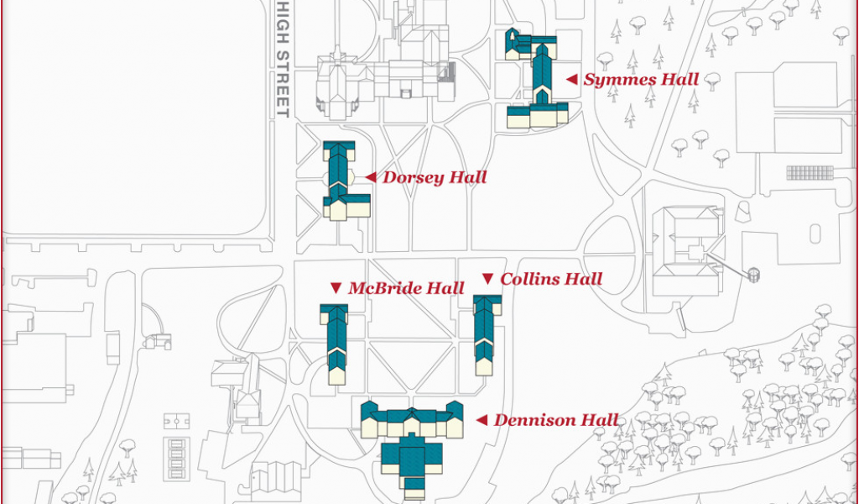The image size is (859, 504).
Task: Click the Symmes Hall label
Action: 641,80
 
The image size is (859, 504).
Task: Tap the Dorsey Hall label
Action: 435,178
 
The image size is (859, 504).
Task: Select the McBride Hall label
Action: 406,288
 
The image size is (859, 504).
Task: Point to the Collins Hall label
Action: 551,279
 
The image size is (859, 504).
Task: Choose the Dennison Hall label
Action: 556,421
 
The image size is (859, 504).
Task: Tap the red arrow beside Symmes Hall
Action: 572,80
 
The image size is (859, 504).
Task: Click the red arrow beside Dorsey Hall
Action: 371,177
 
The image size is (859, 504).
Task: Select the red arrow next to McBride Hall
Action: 336,288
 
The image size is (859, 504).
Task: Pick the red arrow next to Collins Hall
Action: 487,279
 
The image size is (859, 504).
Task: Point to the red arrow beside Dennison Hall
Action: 482,420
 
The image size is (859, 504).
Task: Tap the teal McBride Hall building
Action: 336,344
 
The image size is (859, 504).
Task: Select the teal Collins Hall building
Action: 485,334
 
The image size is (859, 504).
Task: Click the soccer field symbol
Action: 177,421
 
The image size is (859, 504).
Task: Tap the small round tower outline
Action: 754,275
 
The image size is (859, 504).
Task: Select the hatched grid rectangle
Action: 810,173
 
